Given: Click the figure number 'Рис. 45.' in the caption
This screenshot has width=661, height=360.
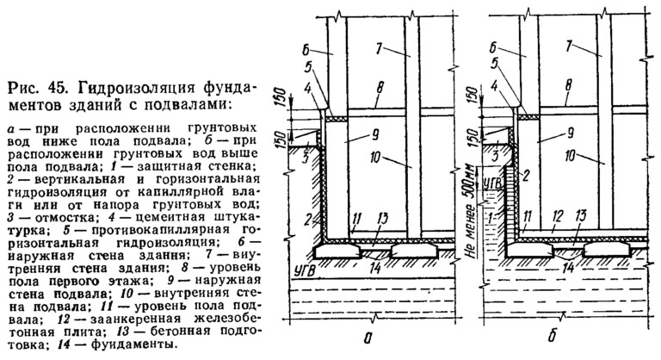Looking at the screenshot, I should [x=37, y=88].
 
